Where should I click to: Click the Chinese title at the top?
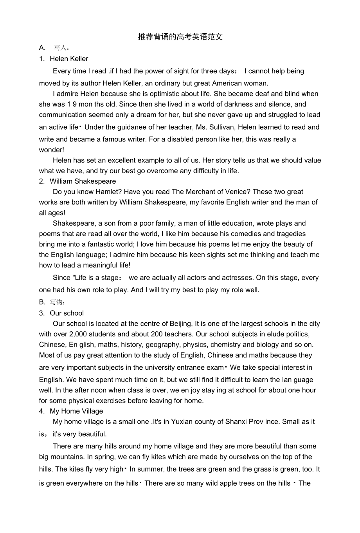(x=180, y=37)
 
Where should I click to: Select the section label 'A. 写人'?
(x=54, y=48)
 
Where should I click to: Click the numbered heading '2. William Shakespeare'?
(x=77, y=181)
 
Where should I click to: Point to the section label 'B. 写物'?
(x=52, y=302)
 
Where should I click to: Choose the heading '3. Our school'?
(x=61, y=313)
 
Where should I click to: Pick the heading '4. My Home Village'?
(x=71, y=411)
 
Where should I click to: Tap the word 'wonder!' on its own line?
(x=52, y=150)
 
